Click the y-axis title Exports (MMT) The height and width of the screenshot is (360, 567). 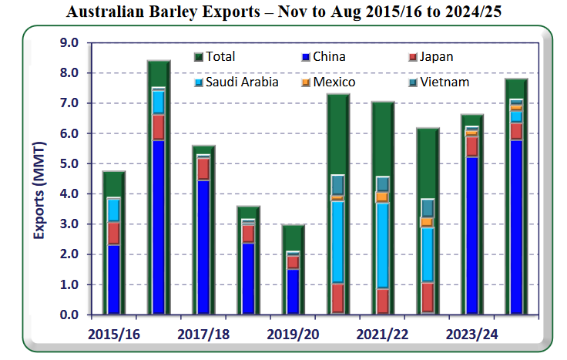38,179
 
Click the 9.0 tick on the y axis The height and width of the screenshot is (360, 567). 70,43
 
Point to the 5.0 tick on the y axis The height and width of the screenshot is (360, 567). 70,164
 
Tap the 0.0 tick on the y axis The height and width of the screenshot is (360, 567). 70,315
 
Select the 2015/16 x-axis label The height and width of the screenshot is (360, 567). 114,334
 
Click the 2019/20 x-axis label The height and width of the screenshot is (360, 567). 293,334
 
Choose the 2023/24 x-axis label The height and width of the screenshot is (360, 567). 471,334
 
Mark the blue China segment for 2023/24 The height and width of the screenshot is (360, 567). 471,235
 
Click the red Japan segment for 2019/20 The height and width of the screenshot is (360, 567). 293,262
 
